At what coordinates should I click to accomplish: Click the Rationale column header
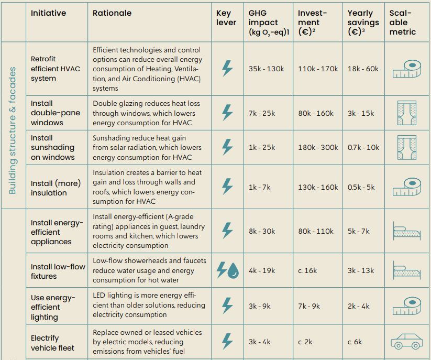(112, 13)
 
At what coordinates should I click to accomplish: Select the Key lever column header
(226, 18)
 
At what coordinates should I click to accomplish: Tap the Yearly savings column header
(363, 23)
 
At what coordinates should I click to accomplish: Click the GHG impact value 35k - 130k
(266, 69)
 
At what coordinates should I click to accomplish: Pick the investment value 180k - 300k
(318, 147)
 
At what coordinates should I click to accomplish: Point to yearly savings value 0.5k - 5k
(361, 187)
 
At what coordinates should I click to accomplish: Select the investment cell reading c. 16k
(307, 270)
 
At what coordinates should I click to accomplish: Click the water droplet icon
(233, 270)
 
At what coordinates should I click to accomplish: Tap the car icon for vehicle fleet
(406, 341)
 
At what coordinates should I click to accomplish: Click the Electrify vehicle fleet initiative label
(52, 343)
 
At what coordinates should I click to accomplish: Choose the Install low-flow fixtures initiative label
(58, 271)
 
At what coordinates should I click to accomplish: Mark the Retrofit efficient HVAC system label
(55, 69)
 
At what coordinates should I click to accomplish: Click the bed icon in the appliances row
(406, 231)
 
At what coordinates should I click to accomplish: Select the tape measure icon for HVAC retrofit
(406, 69)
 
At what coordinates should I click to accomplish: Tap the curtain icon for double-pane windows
(406, 113)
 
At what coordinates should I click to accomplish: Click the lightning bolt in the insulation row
(227, 187)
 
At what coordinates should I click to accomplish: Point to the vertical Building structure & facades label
(13, 130)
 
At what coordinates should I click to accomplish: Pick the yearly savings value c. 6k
(355, 342)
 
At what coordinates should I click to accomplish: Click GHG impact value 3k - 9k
(259, 306)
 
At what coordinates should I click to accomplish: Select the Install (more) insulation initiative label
(56, 188)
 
